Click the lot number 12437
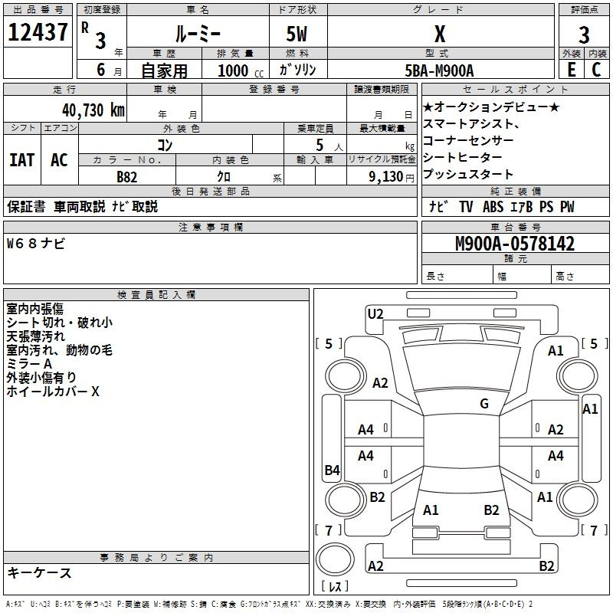tap(38, 32)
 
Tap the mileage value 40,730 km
tap(93, 110)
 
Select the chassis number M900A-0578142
tap(515, 244)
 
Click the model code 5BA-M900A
tap(439, 70)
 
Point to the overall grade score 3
tap(584, 34)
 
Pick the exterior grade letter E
tap(571, 70)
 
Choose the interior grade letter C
tap(596, 70)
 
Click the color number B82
tap(126, 177)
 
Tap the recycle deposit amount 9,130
tap(385, 177)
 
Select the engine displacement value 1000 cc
tap(241, 70)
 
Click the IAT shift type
tap(22, 160)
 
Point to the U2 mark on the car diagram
tap(375, 314)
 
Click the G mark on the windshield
tap(484, 403)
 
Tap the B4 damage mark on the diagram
tap(332, 470)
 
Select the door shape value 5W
tap(297, 34)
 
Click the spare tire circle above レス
tap(335, 559)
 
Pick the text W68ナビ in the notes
tap(35, 244)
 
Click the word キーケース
tap(39, 573)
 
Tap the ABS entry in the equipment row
tap(493, 206)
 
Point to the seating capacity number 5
tap(320, 145)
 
